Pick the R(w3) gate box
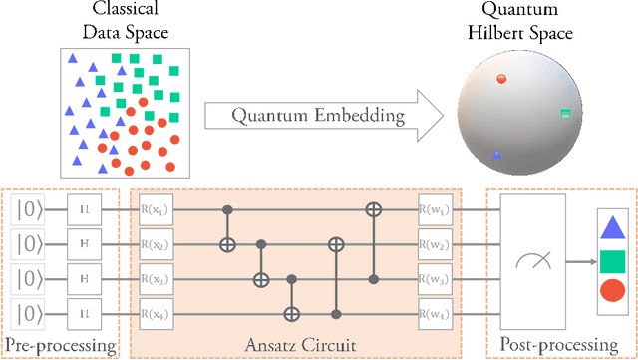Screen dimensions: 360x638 pos(434,280)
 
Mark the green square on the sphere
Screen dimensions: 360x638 pos(565,115)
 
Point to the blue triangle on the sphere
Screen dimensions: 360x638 pos(496,155)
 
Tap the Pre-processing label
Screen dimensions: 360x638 pos(60,346)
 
